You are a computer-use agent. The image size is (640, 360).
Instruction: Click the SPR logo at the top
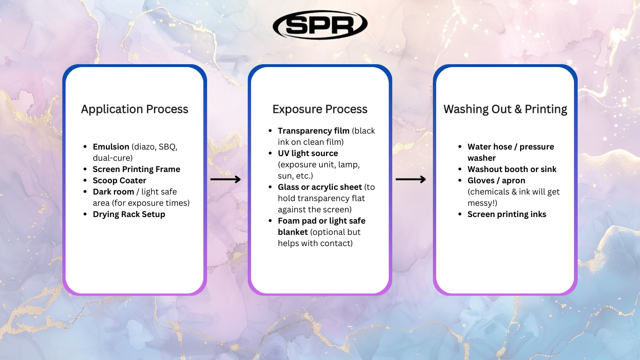(x=320, y=25)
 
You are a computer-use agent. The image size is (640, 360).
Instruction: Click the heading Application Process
(x=134, y=109)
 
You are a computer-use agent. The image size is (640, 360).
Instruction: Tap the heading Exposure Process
(x=320, y=109)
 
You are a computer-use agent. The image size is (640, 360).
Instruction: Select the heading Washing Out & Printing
(x=505, y=109)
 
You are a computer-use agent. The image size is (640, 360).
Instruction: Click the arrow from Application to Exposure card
(x=225, y=180)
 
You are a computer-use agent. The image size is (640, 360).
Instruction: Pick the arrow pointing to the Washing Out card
(x=411, y=180)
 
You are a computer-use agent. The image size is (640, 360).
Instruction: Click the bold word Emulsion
(x=112, y=147)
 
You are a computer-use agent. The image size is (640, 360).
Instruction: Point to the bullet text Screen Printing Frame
(x=136, y=169)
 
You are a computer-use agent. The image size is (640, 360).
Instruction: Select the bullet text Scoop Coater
(x=119, y=180)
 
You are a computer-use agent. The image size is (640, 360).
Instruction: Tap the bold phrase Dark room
(x=113, y=192)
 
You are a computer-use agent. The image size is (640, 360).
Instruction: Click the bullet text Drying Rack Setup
(x=129, y=214)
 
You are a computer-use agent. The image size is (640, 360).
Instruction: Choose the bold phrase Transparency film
(x=313, y=131)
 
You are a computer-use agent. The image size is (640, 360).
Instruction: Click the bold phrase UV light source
(x=308, y=153)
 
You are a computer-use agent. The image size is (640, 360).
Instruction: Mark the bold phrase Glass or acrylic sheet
(x=320, y=187)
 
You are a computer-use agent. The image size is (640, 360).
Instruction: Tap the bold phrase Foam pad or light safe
(x=321, y=221)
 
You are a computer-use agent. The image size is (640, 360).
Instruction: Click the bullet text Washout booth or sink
(x=512, y=169)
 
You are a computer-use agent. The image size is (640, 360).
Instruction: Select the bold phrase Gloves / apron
(x=496, y=180)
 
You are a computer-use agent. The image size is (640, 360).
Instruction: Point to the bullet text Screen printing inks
(x=507, y=214)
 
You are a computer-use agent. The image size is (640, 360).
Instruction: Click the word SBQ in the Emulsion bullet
(x=167, y=147)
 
